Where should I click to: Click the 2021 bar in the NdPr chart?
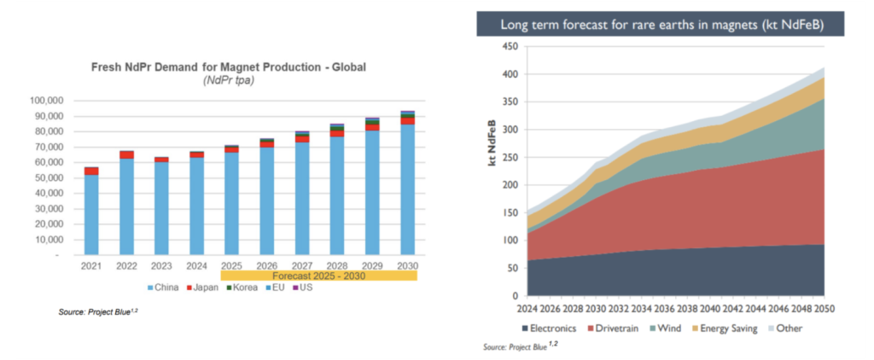click(91, 211)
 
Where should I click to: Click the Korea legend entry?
click(242, 288)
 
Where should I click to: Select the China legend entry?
click(163, 288)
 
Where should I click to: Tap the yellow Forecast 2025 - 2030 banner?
click(319, 276)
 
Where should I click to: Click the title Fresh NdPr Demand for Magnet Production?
click(229, 67)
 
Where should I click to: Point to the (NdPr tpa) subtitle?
click(229, 81)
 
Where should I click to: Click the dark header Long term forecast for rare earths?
click(660, 25)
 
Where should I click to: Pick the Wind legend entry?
click(665, 328)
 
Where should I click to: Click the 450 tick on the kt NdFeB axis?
click(510, 46)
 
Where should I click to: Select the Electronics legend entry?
click(549, 328)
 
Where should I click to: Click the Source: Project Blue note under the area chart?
click(521, 346)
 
